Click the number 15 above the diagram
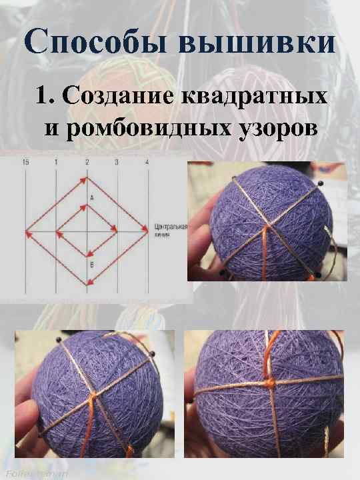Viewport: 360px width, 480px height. (25, 163)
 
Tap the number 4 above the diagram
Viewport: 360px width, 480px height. (147, 163)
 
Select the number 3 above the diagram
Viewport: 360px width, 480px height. (116, 163)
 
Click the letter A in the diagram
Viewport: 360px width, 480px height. (91, 199)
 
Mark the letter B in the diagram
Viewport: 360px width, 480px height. (91, 265)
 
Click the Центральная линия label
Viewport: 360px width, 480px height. (171, 230)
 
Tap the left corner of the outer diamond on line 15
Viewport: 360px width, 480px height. (27, 233)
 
